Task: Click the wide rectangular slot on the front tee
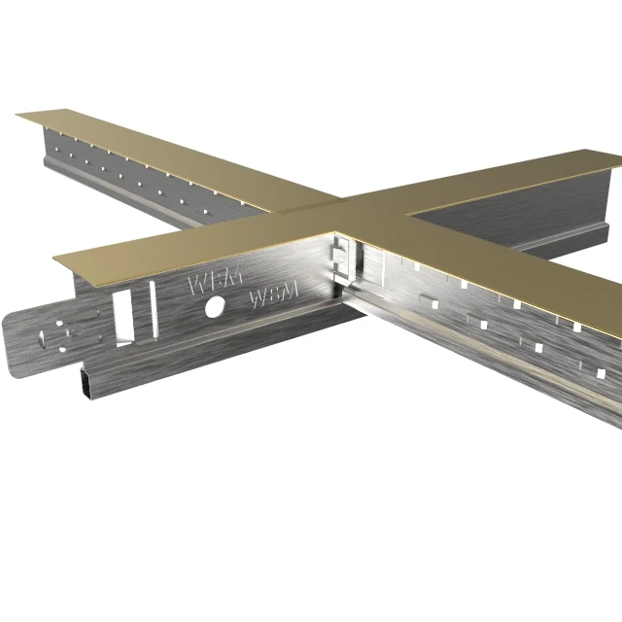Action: (x=124, y=316)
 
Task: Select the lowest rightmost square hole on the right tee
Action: (x=601, y=373)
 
